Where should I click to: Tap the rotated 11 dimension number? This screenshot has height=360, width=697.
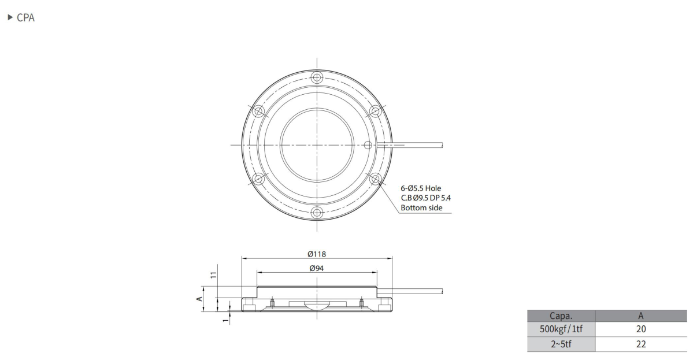click(x=213, y=277)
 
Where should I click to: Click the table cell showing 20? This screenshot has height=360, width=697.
click(x=640, y=329)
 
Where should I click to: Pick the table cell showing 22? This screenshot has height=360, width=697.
click(x=640, y=344)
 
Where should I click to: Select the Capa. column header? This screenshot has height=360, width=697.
click(x=560, y=316)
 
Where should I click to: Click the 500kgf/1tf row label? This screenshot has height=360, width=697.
click(x=560, y=329)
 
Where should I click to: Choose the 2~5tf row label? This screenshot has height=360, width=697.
click(x=560, y=344)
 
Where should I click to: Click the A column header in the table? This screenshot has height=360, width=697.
click(x=640, y=316)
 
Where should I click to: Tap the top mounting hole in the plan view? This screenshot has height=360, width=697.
click(x=316, y=77)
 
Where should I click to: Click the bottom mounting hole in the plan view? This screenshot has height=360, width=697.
click(x=316, y=213)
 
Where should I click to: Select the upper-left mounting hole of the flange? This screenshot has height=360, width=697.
click(x=258, y=110)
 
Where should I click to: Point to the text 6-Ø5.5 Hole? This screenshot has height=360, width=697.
click(x=421, y=188)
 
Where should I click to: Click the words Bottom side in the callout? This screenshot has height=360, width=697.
click(x=422, y=207)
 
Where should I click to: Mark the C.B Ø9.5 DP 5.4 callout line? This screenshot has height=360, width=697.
click(x=425, y=198)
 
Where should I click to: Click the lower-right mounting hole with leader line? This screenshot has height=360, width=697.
click(x=375, y=179)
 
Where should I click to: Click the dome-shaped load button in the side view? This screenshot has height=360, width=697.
click(x=316, y=306)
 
